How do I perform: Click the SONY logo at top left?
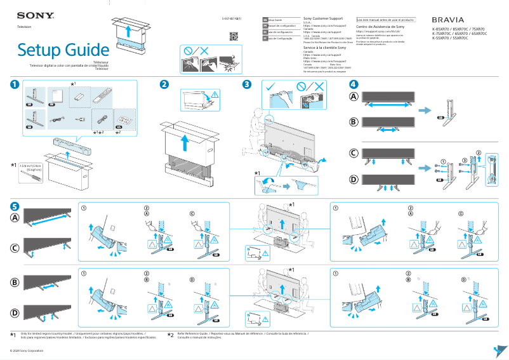pyautogui.click(x=30, y=15)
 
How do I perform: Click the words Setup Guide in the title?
pyautogui.click(x=63, y=50)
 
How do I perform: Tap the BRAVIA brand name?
pyautogui.click(x=453, y=20)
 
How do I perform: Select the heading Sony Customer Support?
pyautogui.click(x=325, y=19)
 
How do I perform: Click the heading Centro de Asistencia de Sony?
pyautogui.click(x=380, y=27)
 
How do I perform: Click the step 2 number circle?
pyautogui.click(x=164, y=84)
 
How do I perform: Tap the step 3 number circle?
pyautogui.click(x=247, y=84)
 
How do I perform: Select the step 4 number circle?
pyautogui.click(x=354, y=84)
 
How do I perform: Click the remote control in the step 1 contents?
pyautogui.click(x=100, y=97)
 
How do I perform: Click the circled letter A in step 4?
pyautogui.click(x=354, y=97)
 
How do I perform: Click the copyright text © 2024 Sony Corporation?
pyautogui.click(x=22, y=350)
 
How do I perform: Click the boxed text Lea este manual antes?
pyautogui.click(x=385, y=20)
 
